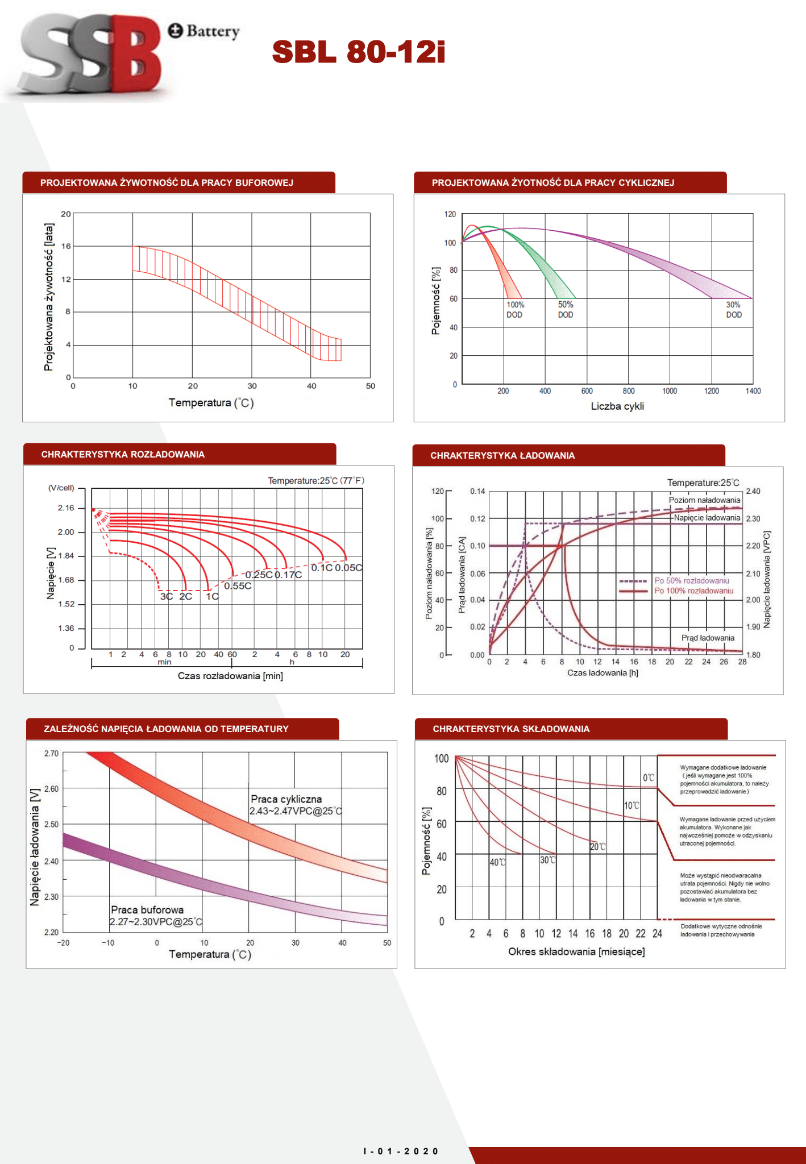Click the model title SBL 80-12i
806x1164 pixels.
point(358,52)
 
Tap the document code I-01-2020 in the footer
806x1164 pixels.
point(401,1151)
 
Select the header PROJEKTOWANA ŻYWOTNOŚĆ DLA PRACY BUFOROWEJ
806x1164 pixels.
point(167,182)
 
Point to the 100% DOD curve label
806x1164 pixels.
point(515,310)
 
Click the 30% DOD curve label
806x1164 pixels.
point(734,310)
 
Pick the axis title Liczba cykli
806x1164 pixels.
point(617,406)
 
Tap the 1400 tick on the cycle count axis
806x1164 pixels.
point(753,391)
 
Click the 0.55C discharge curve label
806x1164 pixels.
point(238,586)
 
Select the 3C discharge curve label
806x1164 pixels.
point(166,596)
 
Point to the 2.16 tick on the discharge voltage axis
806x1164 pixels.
point(66,508)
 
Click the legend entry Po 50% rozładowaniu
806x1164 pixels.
point(691,580)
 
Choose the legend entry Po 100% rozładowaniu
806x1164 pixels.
point(693,591)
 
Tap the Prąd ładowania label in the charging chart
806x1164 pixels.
point(708,638)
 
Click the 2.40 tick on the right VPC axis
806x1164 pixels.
point(753,491)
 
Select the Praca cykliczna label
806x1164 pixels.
point(286,799)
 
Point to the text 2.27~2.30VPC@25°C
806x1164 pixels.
point(156,921)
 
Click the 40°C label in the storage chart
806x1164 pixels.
point(497,862)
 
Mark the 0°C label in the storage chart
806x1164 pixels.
point(649,778)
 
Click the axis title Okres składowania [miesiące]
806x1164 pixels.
point(576,951)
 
